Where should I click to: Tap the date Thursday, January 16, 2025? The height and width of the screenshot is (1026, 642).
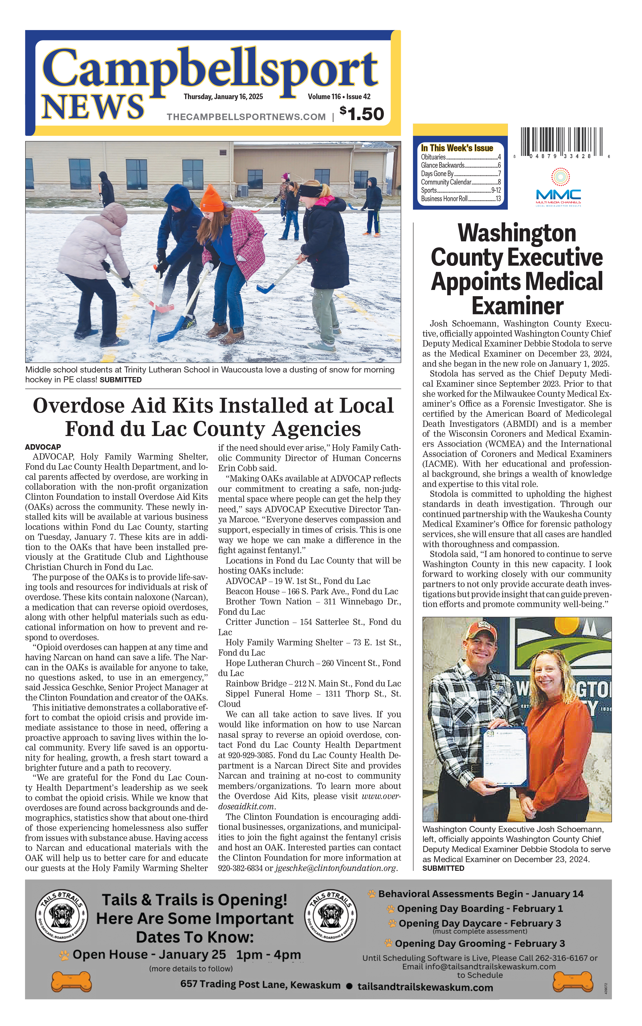(223, 97)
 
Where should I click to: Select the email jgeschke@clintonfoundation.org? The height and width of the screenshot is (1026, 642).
(335, 868)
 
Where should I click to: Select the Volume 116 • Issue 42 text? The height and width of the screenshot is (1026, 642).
(339, 97)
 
